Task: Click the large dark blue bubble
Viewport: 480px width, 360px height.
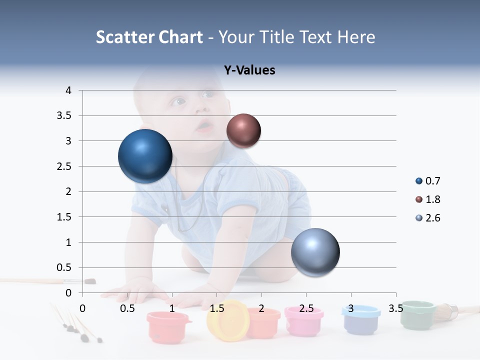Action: pos(145,156)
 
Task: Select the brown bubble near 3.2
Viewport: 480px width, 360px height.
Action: pos(243,130)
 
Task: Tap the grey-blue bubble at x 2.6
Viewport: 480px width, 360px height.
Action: pos(315,252)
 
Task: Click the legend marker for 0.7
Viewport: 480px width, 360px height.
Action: pos(419,181)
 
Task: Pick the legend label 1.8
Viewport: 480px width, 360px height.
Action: pos(432,199)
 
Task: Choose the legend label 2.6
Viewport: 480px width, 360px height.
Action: pos(432,218)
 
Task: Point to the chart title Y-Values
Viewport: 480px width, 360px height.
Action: pos(249,70)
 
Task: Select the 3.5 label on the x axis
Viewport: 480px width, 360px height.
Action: pos(396,308)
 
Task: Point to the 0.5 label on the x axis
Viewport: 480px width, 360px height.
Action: pos(127,308)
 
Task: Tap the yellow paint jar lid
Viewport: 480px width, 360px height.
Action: pos(228,320)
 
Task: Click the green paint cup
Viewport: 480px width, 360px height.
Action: pos(418,314)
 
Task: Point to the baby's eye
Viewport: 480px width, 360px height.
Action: pos(178,102)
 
